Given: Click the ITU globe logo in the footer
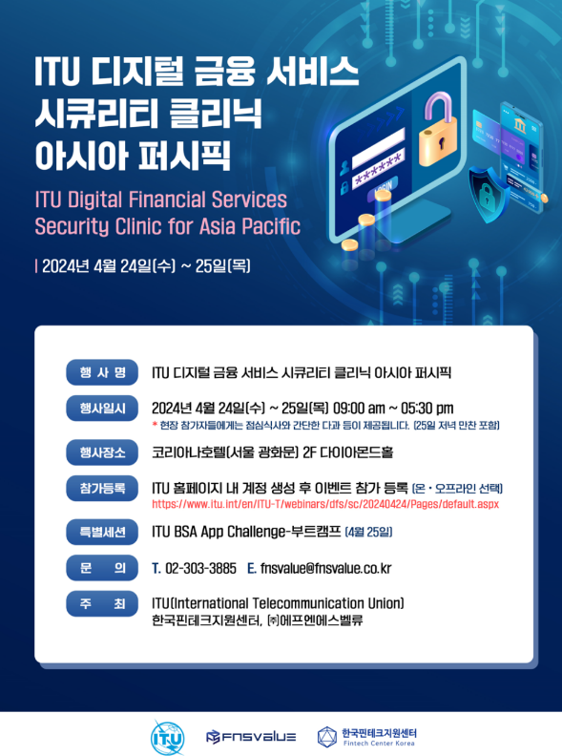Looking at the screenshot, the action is [x=167, y=738].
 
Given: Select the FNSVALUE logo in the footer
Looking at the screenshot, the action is [x=251, y=737].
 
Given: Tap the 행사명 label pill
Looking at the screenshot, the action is [x=102, y=372].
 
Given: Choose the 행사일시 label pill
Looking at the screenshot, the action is [x=102, y=409].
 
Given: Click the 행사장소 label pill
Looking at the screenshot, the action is [x=102, y=452].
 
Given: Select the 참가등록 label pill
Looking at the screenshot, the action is [x=102, y=488].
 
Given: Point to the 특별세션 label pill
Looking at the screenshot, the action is [x=102, y=532].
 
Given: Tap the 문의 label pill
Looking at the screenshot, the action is [x=102, y=568].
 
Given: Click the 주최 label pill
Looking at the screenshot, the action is [x=102, y=603].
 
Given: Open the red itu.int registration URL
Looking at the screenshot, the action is [x=325, y=504].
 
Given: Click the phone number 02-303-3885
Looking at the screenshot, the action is [x=200, y=569].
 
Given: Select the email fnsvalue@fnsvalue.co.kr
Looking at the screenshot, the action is [x=325, y=569].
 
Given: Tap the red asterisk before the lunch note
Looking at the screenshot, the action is [x=155, y=425].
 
